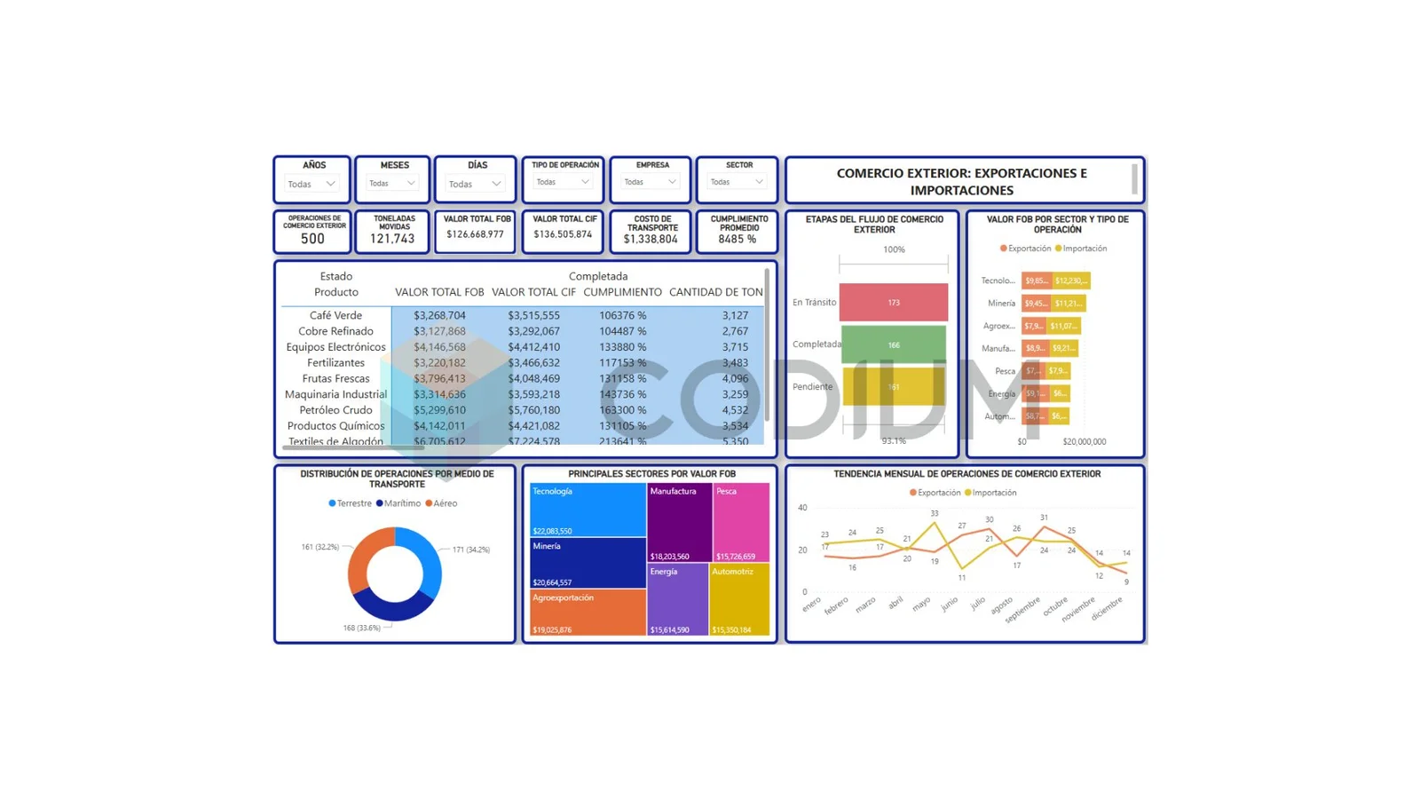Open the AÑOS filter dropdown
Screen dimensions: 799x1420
point(312,184)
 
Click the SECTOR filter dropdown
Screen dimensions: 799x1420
point(737,182)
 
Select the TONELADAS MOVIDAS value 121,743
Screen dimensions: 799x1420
point(392,239)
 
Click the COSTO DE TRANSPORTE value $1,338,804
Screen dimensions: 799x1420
point(651,239)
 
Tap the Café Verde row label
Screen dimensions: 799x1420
point(335,315)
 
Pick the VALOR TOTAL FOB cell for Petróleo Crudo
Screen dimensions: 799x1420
point(439,410)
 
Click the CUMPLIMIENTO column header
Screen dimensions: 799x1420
point(622,292)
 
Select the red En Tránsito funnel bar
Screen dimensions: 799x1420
point(893,303)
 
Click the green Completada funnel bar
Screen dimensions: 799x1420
point(893,344)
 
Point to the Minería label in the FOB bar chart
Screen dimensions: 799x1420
point(1001,304)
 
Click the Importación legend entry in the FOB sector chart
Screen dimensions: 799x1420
point(1084,249)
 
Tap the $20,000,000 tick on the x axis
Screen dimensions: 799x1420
point(1084,441)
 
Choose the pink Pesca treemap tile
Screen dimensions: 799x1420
point(741,522)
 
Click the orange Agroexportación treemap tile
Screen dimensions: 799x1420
point(587,613)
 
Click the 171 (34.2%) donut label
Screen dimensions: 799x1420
point(471,550)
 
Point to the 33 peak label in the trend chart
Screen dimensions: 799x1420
point(935,513)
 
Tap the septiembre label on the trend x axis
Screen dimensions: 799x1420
point(1023,609)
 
